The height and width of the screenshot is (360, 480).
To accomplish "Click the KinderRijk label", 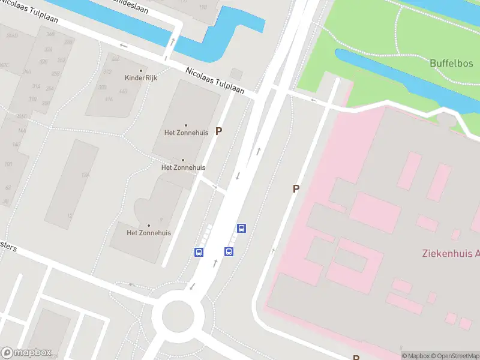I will (x=141, y=78).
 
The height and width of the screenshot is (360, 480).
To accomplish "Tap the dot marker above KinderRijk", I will (x=141, y=70).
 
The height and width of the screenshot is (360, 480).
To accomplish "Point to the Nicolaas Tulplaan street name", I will (x=215, y=80).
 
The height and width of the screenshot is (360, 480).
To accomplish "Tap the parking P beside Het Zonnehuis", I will (x=219, y=131).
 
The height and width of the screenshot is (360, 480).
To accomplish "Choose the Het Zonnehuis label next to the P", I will (x=185, y=133).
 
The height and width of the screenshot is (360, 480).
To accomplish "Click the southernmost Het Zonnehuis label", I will (x=149, y=233).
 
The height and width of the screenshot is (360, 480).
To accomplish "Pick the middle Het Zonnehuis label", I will (x=183, y=167).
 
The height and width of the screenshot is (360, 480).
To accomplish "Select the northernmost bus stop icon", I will (x=241, y=228).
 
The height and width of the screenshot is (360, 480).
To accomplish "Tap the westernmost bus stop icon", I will (x=199, y=252).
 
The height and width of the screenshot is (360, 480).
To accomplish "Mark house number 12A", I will (x=86, y=175).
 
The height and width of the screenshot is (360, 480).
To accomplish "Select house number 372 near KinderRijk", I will (x=107, y=72).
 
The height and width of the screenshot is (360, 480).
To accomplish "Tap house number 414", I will (x=109, y=98).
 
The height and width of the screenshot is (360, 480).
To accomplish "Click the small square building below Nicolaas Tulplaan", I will (x=236, y=74).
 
